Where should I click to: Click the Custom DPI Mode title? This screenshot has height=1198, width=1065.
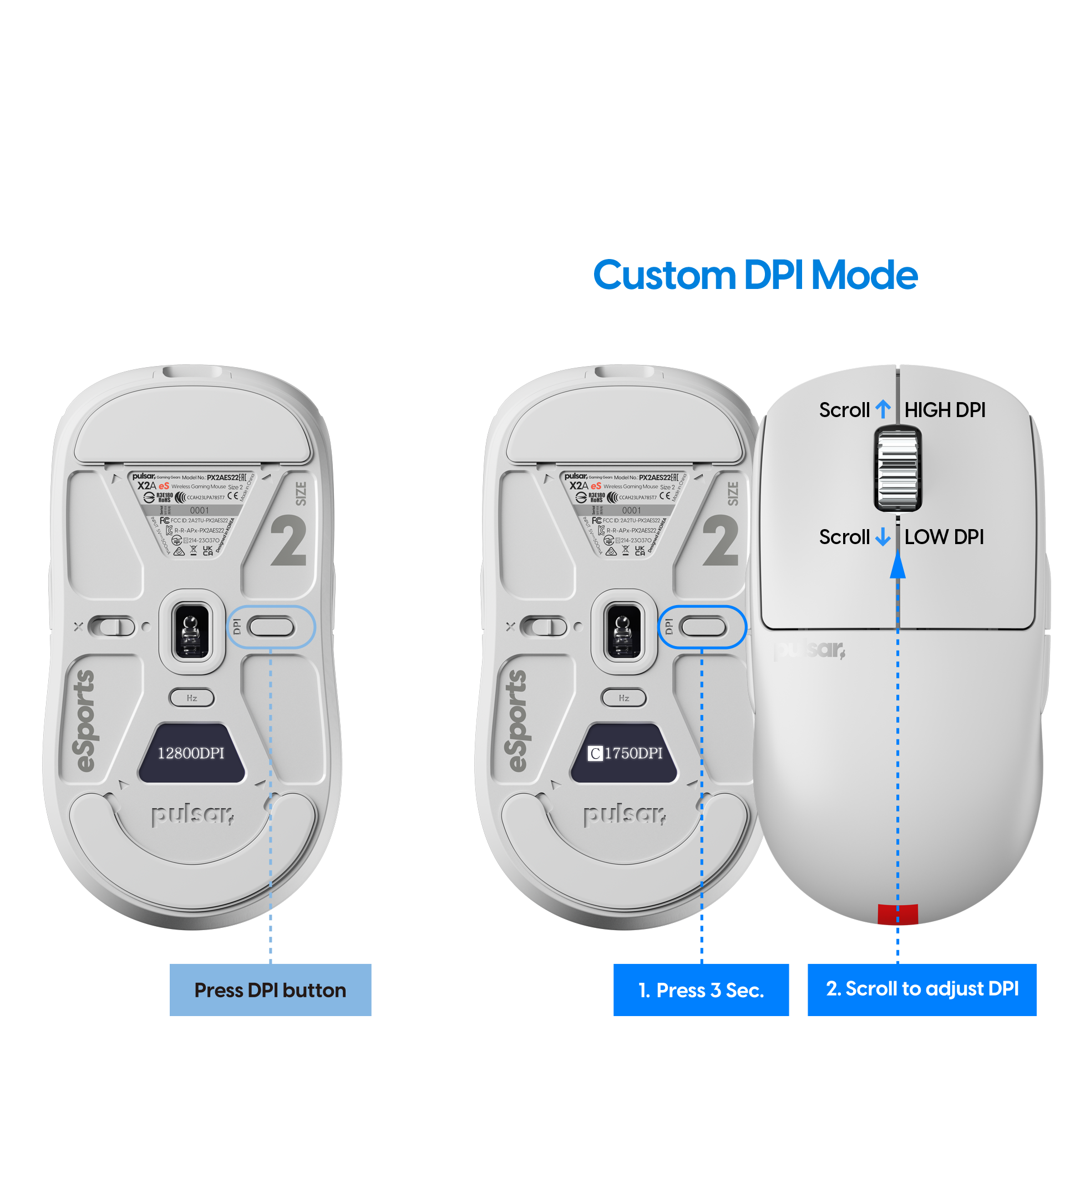[x=755, y=275]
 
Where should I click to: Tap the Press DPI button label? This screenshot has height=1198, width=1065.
[x=270, y=990]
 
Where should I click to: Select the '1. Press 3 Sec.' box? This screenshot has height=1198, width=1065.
[x=701, y=990]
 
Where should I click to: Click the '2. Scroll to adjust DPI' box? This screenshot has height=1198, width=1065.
[x=921, y=989]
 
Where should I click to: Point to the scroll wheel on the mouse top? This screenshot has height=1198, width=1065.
[x=897, y=469]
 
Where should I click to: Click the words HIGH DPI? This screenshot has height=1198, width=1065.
[x=944, y=410]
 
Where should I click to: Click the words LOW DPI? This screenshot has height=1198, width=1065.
[x=944, y=537]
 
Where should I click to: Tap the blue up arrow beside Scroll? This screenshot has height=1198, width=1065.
[x=883, y=410]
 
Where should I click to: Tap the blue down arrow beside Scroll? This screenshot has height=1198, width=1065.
[x=883, y=537]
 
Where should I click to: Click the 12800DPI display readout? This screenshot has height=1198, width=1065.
[x=191, y=753]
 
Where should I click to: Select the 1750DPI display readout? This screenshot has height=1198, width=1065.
[x=633, y=753]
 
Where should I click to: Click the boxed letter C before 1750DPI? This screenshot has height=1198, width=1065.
[x=596, y=754]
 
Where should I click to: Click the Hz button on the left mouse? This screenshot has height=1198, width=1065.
[x=192, y=698]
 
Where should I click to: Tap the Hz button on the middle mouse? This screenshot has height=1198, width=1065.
[x=623, y=698]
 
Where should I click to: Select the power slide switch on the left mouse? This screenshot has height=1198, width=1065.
[x=111, y=627]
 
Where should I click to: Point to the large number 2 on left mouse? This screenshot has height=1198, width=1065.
[x=288, y=540]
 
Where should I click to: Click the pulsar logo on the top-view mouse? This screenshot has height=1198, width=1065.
[x=809, y=650]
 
